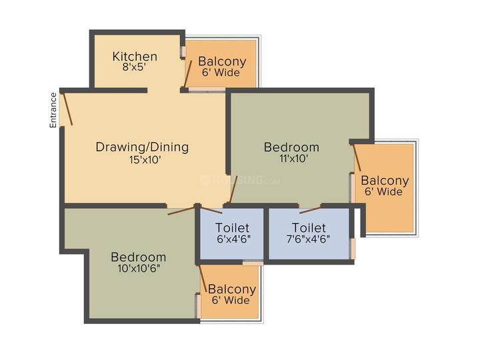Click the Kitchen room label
(x=135, y=57)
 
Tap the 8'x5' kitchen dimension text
(x=135, y=67)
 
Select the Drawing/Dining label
(x=142, y=147)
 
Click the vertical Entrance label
(x=53, y=109)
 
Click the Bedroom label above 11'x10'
(x=291, y=147)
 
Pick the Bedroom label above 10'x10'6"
(x=139, y=257)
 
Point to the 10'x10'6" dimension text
(x=139, y=269)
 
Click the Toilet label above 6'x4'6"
(x=232, y=227)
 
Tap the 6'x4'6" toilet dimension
(x=232, y=239)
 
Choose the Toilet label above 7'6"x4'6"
(x=309, y=227)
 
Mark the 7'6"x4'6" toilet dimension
(x=309, y=239)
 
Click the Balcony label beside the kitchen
(x=222, y=62)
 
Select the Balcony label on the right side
(x=385, y=181)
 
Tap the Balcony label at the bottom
(x=232, y=289)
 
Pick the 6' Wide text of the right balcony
(x=385, y=192)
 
